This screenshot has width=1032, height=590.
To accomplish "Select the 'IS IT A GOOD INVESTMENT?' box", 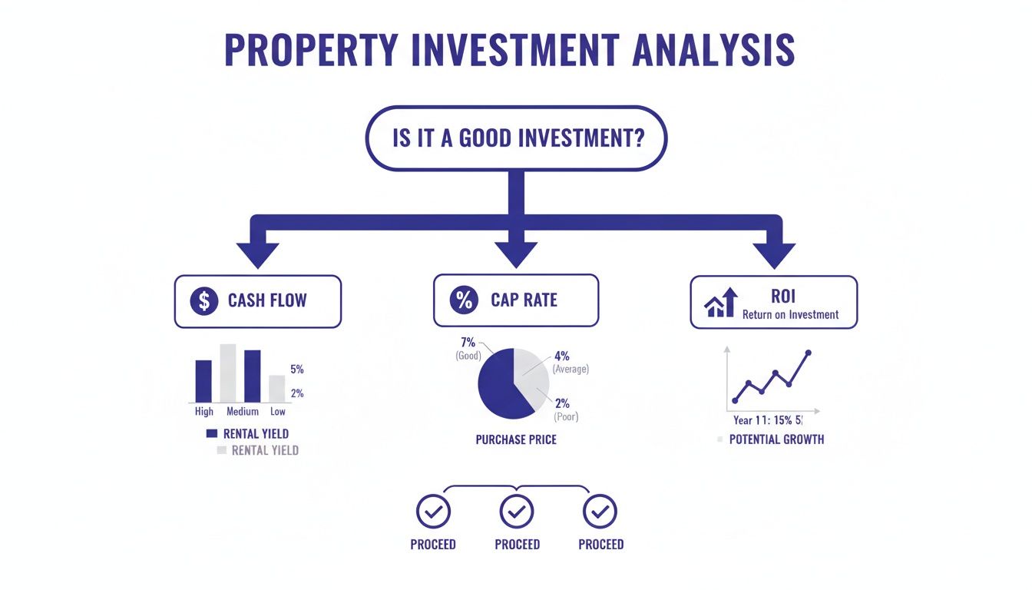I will (x=516, y=138).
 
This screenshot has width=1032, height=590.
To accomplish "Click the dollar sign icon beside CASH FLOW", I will (x=203, y=300).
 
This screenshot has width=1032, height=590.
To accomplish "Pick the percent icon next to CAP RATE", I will (x=464, y=300).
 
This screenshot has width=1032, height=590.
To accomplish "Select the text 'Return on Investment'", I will (x=790, y=314).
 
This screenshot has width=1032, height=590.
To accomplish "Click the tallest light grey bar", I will (x=228, y=373).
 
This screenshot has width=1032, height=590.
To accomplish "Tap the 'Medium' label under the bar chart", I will (x=243, y=413).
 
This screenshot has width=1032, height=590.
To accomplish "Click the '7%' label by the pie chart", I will (x=467, y=342).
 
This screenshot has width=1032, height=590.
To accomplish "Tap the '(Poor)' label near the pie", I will (x=565, y=417).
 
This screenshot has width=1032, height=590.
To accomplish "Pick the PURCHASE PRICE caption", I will (x=516, y=440).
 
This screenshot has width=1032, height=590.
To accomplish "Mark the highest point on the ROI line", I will (x=808, y=353).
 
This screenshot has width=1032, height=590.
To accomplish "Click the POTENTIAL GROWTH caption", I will (x=776, y=439).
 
